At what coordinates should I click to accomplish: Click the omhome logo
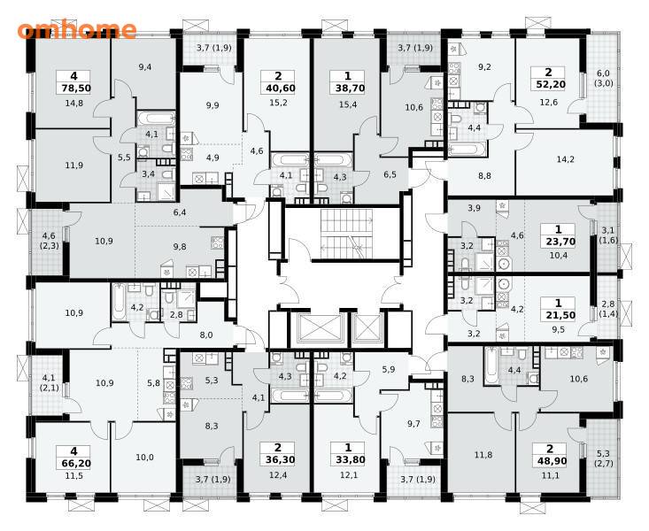(77, 29)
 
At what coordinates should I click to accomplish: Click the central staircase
(347, 234)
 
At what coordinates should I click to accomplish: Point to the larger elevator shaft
(320, 327)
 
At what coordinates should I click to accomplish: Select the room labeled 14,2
(565, 162)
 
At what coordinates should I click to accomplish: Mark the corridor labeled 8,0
(205, 335)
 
